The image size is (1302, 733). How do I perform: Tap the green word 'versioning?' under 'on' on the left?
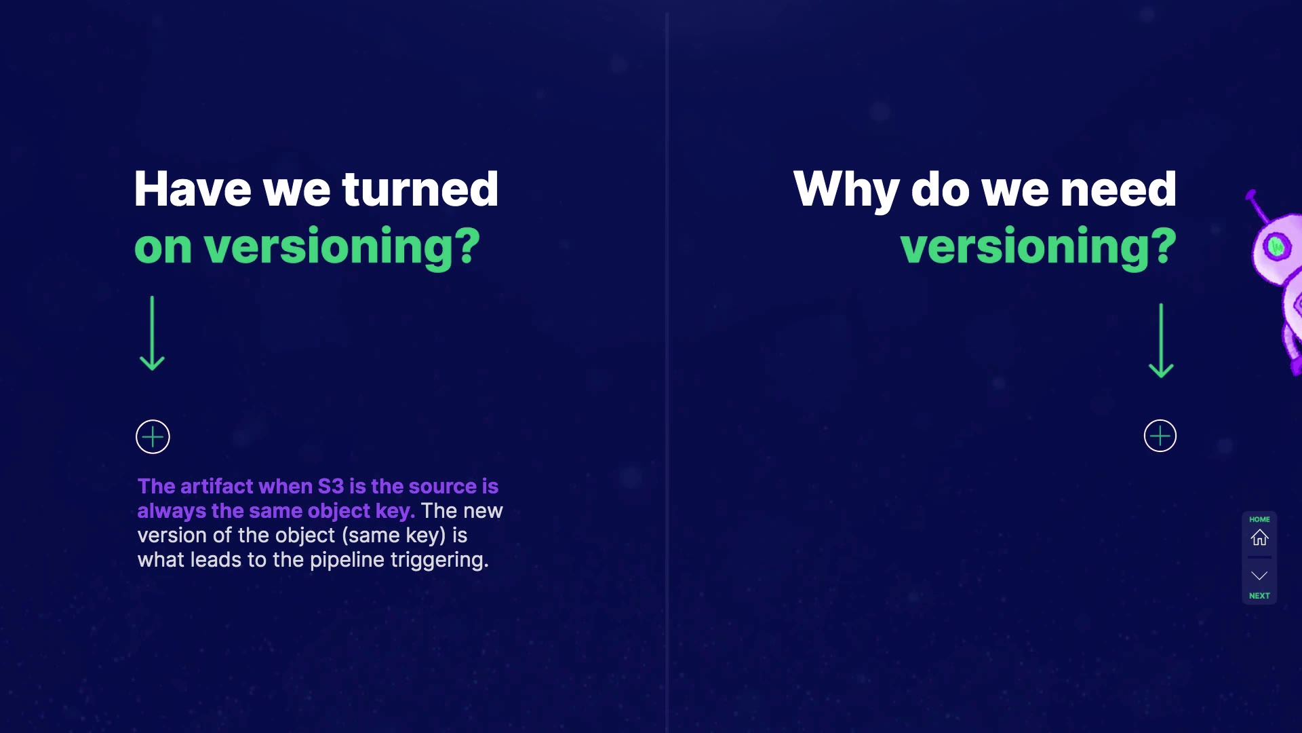[342, 247]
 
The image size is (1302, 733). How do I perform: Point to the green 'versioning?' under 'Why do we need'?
[1038, 247]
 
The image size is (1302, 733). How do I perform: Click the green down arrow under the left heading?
[152, 333]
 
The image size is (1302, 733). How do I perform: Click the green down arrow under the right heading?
[1161, 341]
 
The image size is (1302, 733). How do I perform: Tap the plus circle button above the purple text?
[153, 436]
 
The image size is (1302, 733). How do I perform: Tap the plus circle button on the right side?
[1160, 436]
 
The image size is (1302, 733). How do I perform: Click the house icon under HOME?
[1259, 538]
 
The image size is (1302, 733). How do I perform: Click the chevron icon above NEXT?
[1259, 576]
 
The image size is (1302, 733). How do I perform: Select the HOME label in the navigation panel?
[1259, 519]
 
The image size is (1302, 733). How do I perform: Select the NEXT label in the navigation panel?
[1259, 596]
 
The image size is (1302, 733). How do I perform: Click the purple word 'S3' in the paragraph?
[331, 487]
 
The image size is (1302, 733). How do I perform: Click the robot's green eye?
[1276, 246]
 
